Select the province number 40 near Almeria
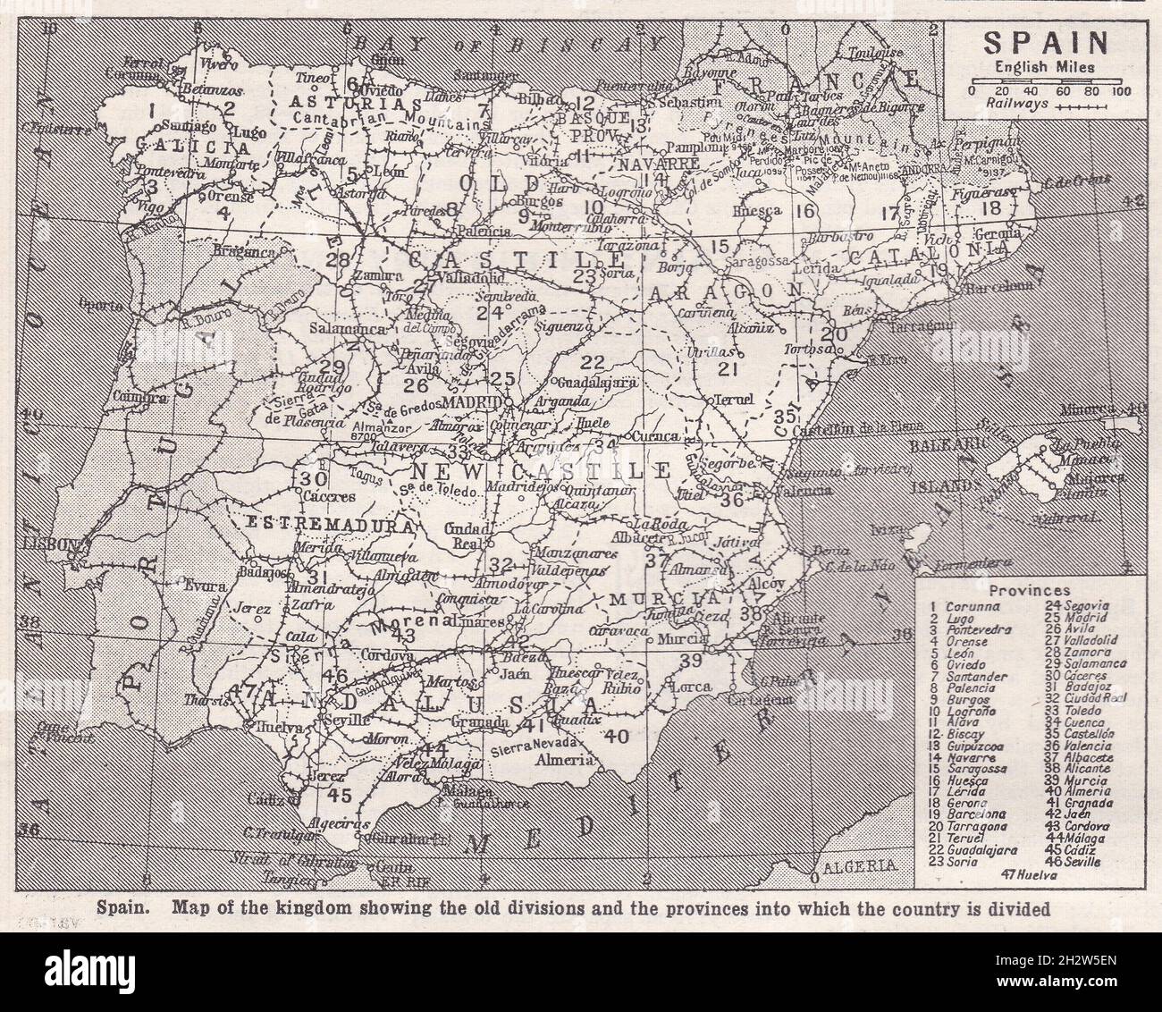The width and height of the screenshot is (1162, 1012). coord(615,737)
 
